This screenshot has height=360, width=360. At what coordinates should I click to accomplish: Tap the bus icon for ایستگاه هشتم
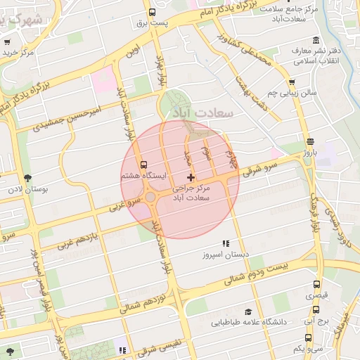144,164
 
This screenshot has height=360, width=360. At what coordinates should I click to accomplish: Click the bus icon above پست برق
153,12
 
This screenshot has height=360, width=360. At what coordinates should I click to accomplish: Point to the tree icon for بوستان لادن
27,178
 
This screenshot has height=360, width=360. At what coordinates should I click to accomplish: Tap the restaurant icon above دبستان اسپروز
225,243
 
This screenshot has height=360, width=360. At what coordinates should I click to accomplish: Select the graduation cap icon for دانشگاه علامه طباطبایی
247,311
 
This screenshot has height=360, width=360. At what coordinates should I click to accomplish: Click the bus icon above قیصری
316,285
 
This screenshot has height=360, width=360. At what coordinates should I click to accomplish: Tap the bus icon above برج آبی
316,309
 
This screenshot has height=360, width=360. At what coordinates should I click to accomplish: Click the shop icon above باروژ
310,141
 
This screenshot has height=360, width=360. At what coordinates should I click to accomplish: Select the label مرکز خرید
18,52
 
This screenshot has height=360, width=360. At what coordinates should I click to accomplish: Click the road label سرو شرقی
262,167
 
